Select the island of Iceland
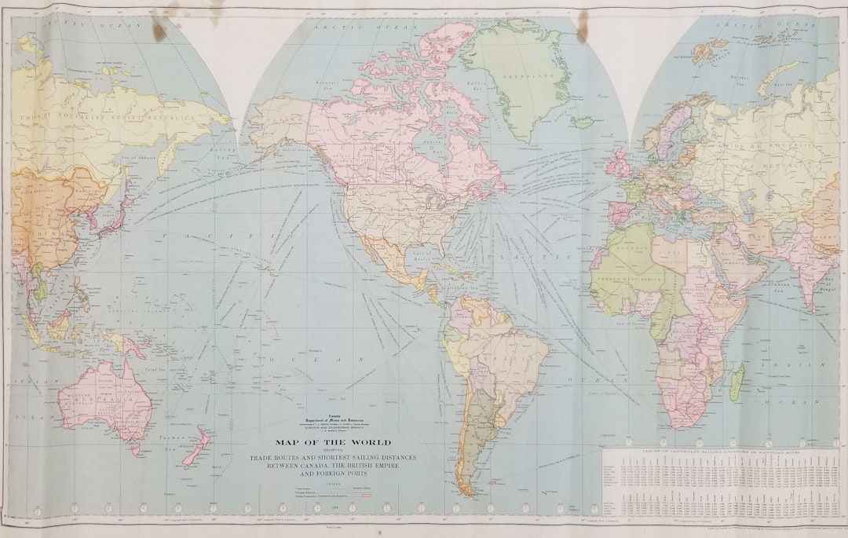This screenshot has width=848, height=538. pos(583,123)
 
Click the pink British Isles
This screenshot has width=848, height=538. pos(620,164)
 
